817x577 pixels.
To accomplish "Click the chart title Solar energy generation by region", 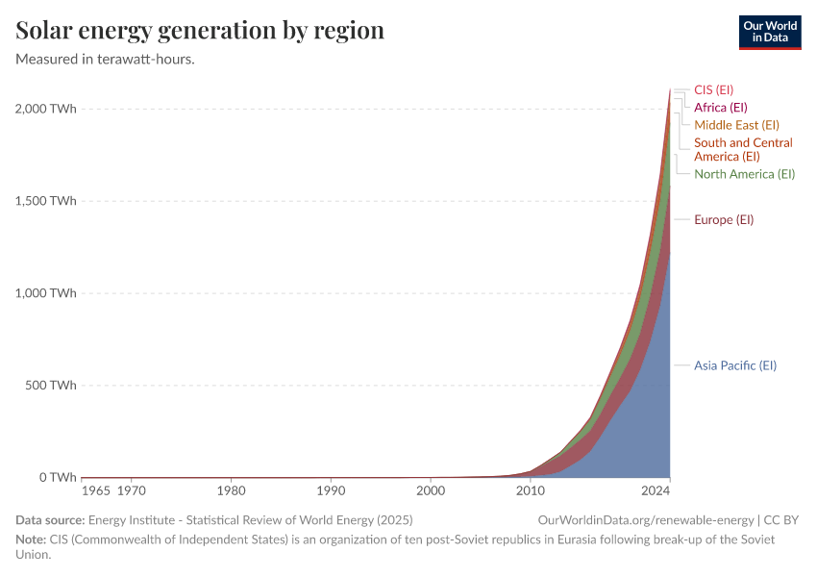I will click(x=200, y=31).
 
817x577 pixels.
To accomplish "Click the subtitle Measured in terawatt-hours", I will click(x=106, y=59).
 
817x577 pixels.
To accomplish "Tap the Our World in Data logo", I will click(x=769, y=32).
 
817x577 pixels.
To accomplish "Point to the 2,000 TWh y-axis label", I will click(x=45, y=109).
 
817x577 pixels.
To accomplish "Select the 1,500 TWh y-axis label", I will click(x=45, y=201).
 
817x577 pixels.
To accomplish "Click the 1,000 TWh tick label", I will click(x=45, y=293).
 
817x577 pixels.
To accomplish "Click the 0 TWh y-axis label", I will click(x=57, y=478).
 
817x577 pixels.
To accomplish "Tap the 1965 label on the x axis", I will click(x=96, y=491).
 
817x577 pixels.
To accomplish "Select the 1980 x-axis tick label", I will click(x=231, y=491).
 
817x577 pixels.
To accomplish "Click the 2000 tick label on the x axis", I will click(x=431, y=491).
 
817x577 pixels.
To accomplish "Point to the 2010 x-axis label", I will click(x=531, y=491).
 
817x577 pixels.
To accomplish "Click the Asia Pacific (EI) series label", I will click(x=735, y=365).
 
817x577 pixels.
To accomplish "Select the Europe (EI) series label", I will click(x=724, y=219).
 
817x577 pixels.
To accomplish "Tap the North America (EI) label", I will click(x=744, y=174).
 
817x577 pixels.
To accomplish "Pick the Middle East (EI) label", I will click(x=736, y=125).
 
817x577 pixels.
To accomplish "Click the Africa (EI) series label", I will click(x=720, y=107).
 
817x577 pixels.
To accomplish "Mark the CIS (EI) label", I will click(x=713, y=89).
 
